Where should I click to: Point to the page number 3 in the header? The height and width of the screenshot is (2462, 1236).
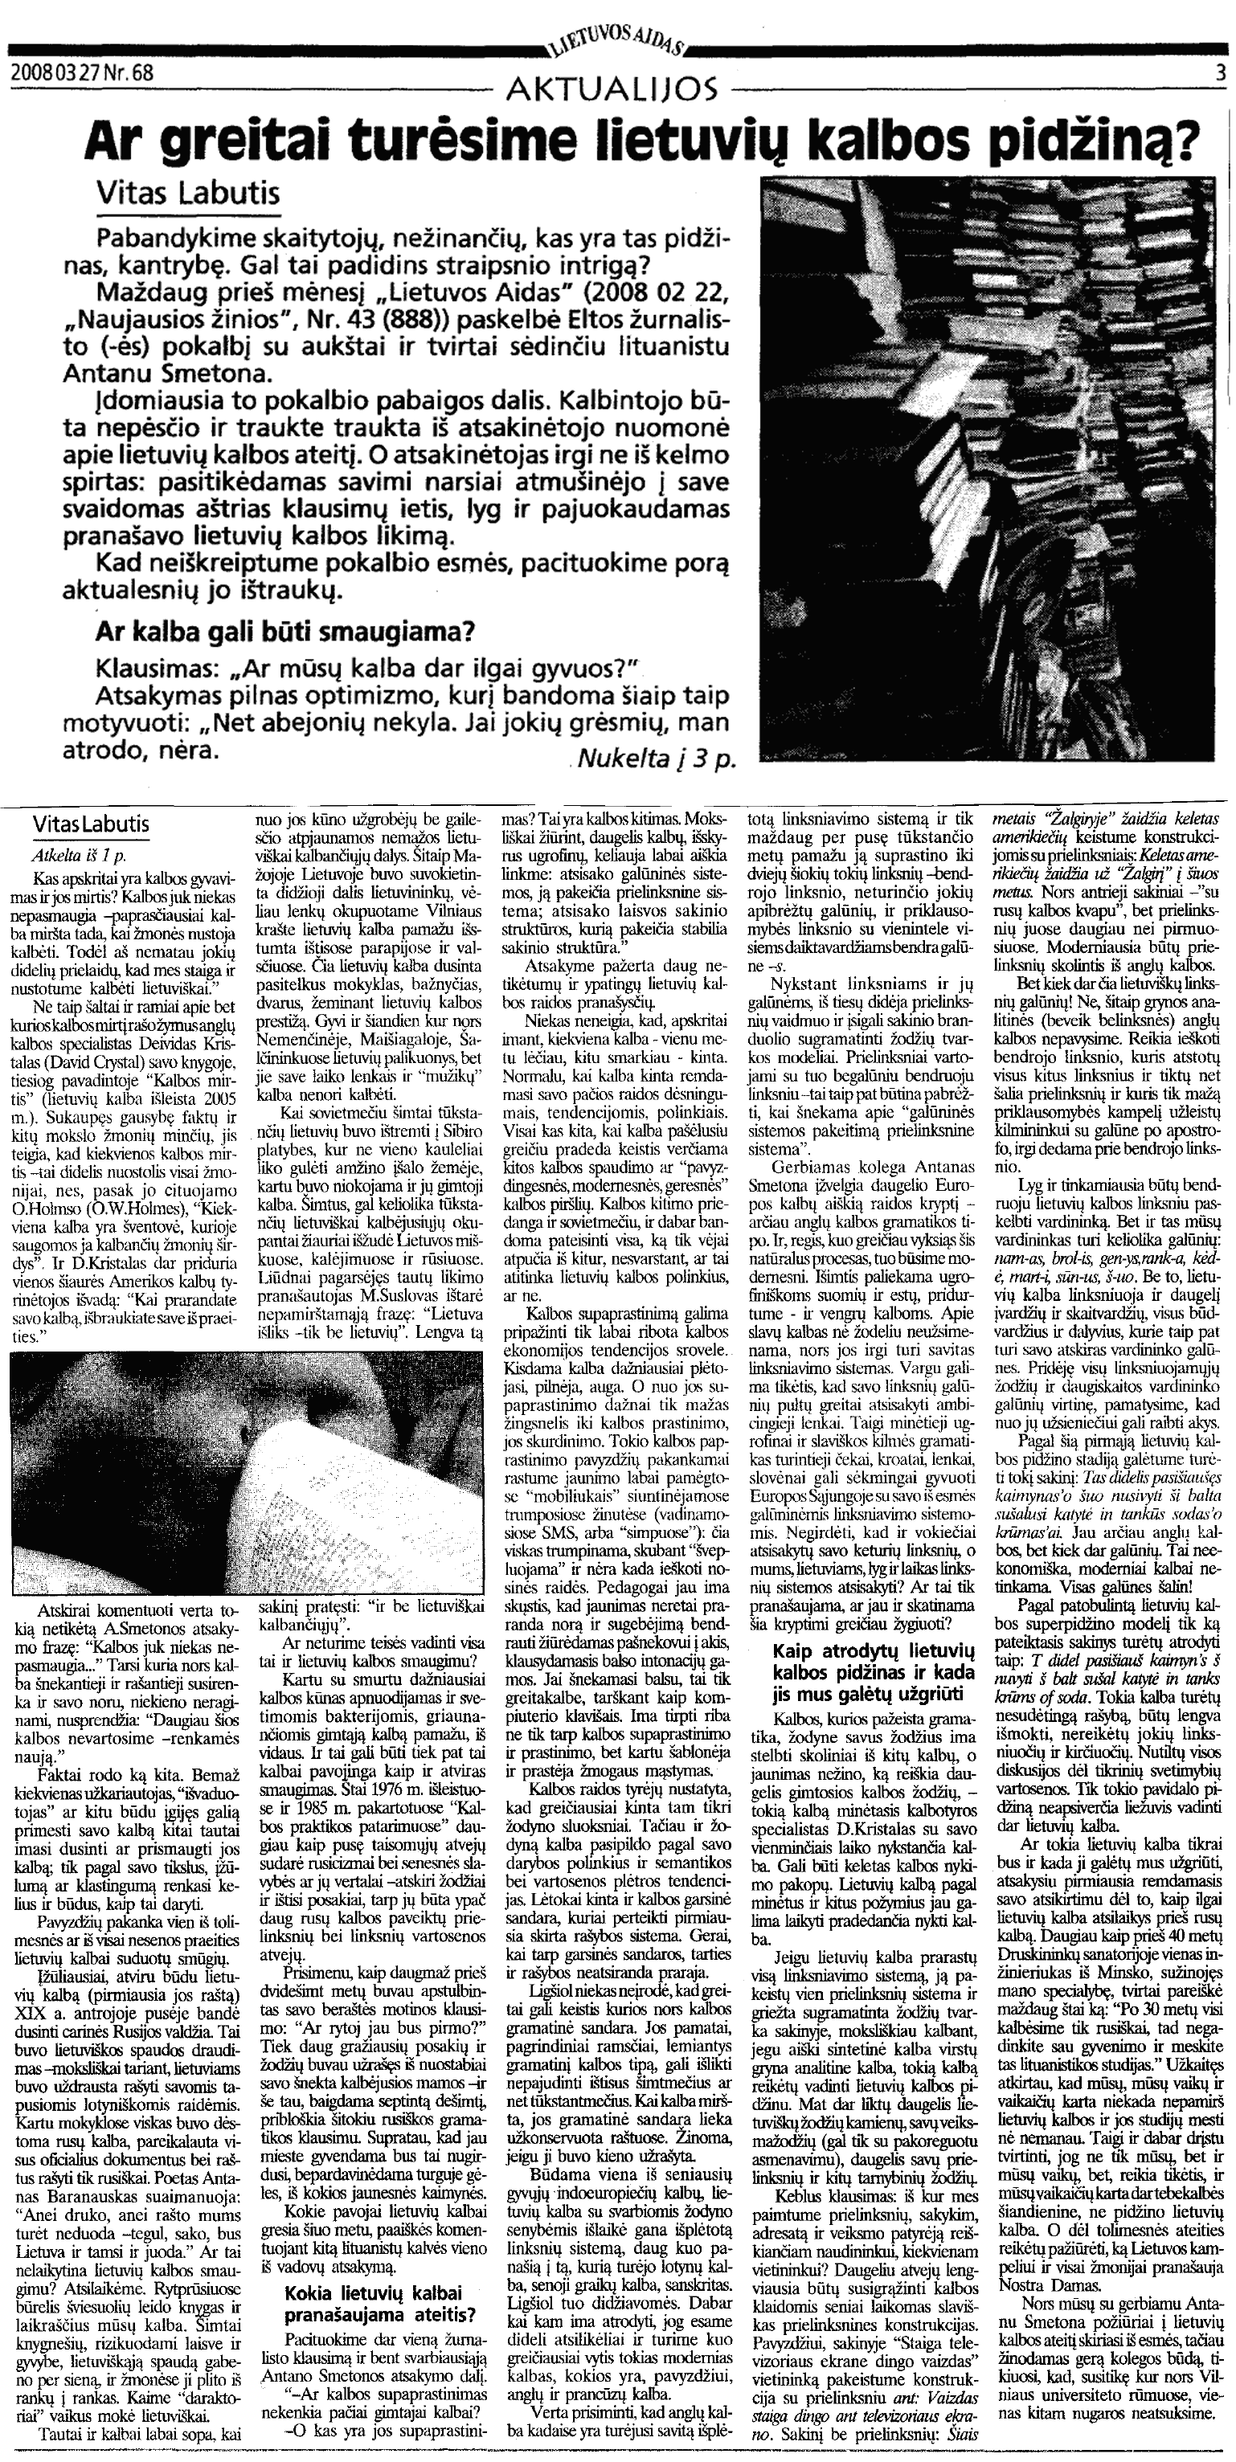[x=1221, y=72]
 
